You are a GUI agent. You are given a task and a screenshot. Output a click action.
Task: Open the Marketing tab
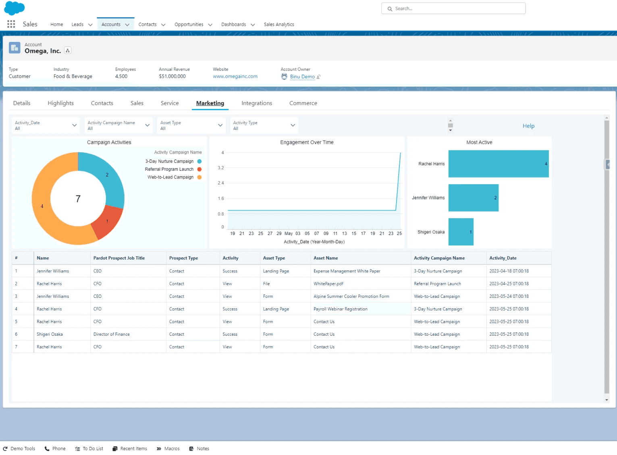pyautogui.click(x=210, y=103)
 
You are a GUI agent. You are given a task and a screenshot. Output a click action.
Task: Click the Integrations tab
pyautogui.click(x=256, y=103)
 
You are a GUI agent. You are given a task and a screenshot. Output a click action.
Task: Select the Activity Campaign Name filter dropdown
pyautogui.click(x=118, y=126)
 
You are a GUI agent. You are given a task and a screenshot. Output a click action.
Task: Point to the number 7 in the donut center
pyautogui.click(x=78, y=199)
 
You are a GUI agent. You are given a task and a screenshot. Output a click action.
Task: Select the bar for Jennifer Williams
pyautogui.click(x=473, y=198)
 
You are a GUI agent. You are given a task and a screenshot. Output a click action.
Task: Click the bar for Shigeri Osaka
pyautogui.click(x=461, y=232)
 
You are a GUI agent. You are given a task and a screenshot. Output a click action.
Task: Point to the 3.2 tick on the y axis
pyautogui.click(x=220, y=168)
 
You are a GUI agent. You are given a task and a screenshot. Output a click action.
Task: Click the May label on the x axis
pyautogui.click(x=289, y=234)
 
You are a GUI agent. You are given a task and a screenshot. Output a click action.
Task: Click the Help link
pyautogui.click(x=528, y=126)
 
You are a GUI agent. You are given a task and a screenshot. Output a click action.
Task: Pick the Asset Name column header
pyautogui.click(x=326, y=258)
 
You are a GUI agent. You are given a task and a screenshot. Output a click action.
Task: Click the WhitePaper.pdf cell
pyautogui.click(x=328, y=284)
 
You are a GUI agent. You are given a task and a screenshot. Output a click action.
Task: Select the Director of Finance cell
pyautogui.click(x=111, y=334)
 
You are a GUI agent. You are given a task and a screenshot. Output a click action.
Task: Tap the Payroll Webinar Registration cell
pyautogui.click(x=341, y=309)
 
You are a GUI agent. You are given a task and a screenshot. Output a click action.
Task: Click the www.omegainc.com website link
pyautogui.click(x=235, y=76)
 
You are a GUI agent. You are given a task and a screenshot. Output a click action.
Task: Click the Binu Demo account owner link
pyautogui.click(x=302, y=77)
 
